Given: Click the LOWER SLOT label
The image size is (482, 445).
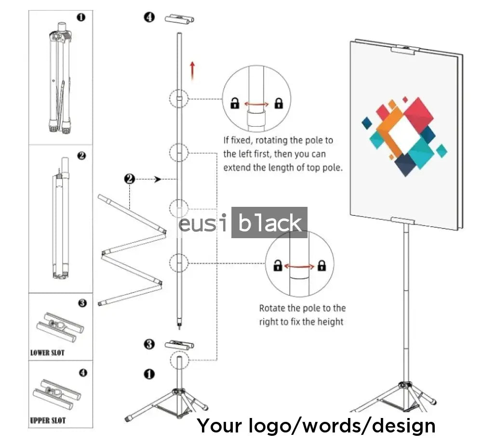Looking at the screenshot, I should tap(47, 352).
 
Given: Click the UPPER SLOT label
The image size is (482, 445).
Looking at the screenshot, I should tap(48, 420).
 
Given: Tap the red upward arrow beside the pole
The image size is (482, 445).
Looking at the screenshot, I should tap(193, 70).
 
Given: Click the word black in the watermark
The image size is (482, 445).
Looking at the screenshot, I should tap(269, 223).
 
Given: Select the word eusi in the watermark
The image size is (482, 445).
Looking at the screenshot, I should tap(203, 224).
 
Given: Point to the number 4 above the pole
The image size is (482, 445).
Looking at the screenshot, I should tap(150, 17).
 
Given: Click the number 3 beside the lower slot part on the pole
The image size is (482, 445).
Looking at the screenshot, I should tap(150, 344).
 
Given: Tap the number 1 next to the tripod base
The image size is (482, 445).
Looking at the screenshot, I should tap(150, 374).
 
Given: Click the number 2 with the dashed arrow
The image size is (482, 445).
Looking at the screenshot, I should tap(129, 179).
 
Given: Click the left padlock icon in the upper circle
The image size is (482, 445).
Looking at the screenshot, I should tap(235, 103).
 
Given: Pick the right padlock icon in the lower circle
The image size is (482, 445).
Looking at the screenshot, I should tap(322, 265).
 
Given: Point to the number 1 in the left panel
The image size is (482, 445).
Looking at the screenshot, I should tap(81, 17).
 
